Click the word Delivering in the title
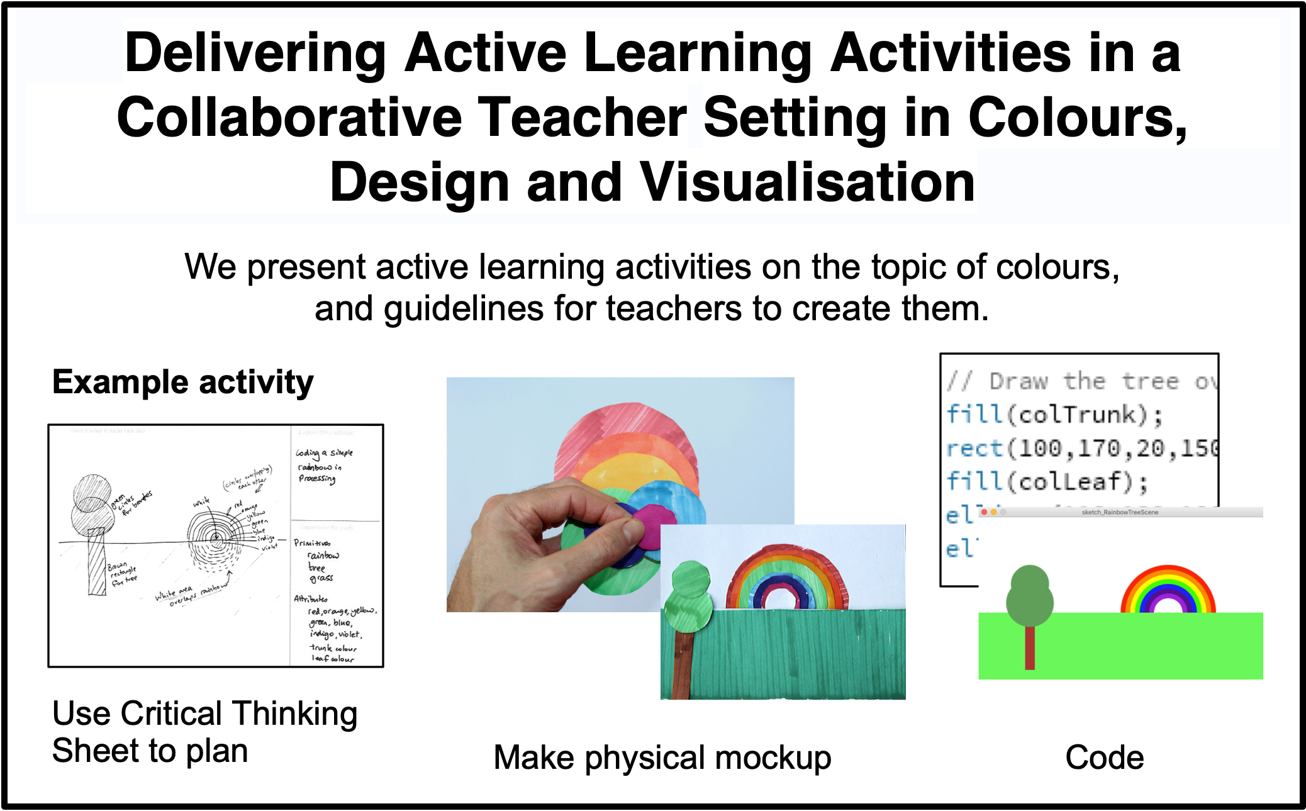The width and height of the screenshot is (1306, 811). tap(255, 53)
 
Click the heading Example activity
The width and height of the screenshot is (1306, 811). tap(182, 382)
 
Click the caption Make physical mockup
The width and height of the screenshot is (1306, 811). tap(662, 758)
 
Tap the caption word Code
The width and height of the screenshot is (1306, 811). tap(1104, 758)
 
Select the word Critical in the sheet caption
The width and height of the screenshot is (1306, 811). tap(172, 714)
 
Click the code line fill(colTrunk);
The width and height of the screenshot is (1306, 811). tap(1054, 415)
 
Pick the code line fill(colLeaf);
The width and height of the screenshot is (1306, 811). tap(1047, 482)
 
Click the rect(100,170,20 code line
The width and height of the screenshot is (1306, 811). tap(1082, 449)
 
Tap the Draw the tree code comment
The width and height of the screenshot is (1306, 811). tap(1082, 381)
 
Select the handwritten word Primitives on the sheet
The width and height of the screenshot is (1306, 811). tap(312, 543)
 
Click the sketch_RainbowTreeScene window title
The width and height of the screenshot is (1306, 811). tap(1120, 512)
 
